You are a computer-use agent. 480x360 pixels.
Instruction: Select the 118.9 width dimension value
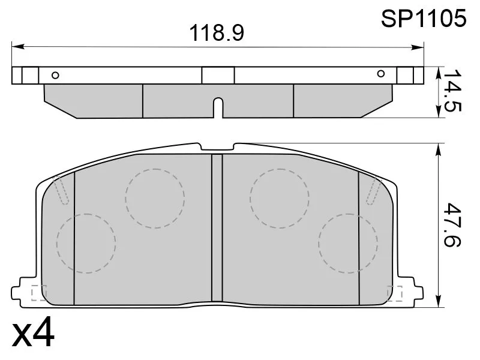click(217, 33)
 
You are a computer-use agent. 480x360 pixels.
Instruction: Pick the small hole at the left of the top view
click(55, 75)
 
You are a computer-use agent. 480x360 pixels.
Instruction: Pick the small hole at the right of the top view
click(380, 74)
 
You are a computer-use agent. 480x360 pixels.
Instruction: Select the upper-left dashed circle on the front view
click(154, 198)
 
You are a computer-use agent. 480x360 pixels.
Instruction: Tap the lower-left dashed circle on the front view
click(85, 243)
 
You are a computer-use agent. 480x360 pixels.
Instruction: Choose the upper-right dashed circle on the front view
click(279, 198)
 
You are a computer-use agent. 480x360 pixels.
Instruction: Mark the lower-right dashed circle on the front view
click(348, 243)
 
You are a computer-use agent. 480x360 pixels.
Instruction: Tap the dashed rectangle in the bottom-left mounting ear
click(38, 292)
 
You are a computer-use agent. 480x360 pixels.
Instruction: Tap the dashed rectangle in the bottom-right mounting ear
click(396, 292)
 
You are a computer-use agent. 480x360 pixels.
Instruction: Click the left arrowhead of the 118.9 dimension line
click(16, 45)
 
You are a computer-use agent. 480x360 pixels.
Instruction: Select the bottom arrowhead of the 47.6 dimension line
click(440, 304)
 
